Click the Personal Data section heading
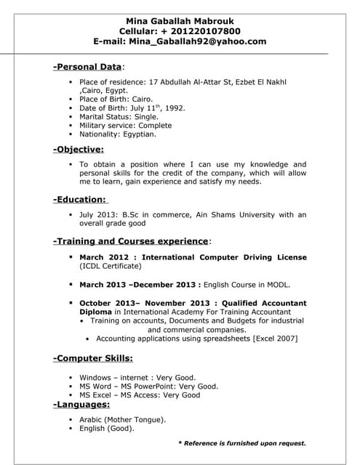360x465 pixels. click(87, 67)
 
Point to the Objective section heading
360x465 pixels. click(79, 149)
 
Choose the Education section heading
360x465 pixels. click(80, 199)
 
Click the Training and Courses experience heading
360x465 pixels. click(131, 241)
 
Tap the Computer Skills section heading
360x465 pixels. click(93, 359)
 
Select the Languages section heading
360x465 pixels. click(81, 404)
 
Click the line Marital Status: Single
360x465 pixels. click(119, 116)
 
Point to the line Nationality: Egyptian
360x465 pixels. click(117, 134)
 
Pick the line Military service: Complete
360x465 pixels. click(125, 125)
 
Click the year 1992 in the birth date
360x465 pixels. click(174, 108)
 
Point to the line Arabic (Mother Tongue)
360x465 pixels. click(122, 419)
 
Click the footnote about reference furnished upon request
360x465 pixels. click(242, 442)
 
